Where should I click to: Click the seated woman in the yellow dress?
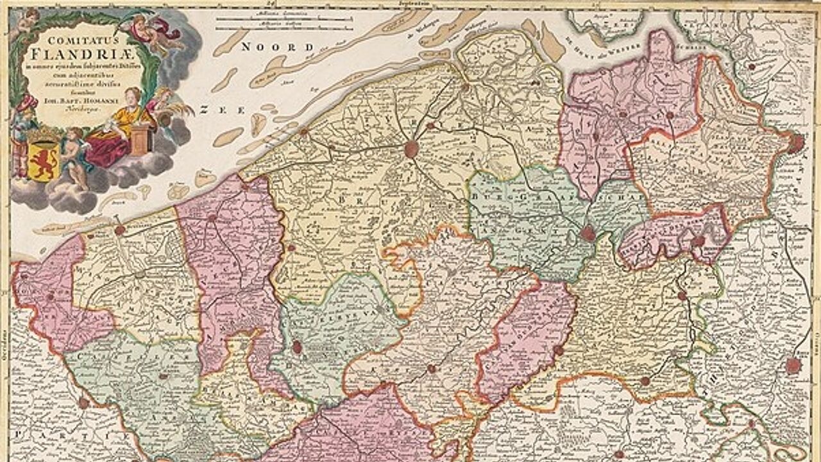click(123, 122)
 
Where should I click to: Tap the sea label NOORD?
click(278, 47)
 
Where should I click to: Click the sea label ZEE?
click(222, 110)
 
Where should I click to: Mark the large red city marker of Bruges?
click(412, 149)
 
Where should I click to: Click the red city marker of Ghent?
click(588, 234)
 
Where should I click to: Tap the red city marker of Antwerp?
click(795, 143)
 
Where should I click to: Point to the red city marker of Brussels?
click(793, 366)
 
